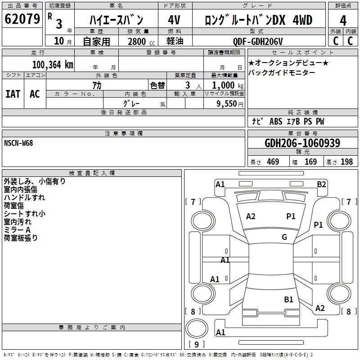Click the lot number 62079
click(x=22, y=19)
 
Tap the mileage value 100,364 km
click(x=53, y=64)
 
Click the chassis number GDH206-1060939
click(x=302, y=144)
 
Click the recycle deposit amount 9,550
click(x=230, y=103)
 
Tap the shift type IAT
click(x=13, y=94)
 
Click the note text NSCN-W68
click(x=18, y=143)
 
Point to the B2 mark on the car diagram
click(x=321, y=184)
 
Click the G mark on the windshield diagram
click(x=284, y=237)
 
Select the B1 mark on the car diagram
click(x=288, y=299)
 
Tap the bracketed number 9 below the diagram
click(x=196, y=345)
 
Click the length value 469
click(x=273, y=162)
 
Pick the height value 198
click(x=346, y=162)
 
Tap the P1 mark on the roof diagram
click(x=291, y=216)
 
